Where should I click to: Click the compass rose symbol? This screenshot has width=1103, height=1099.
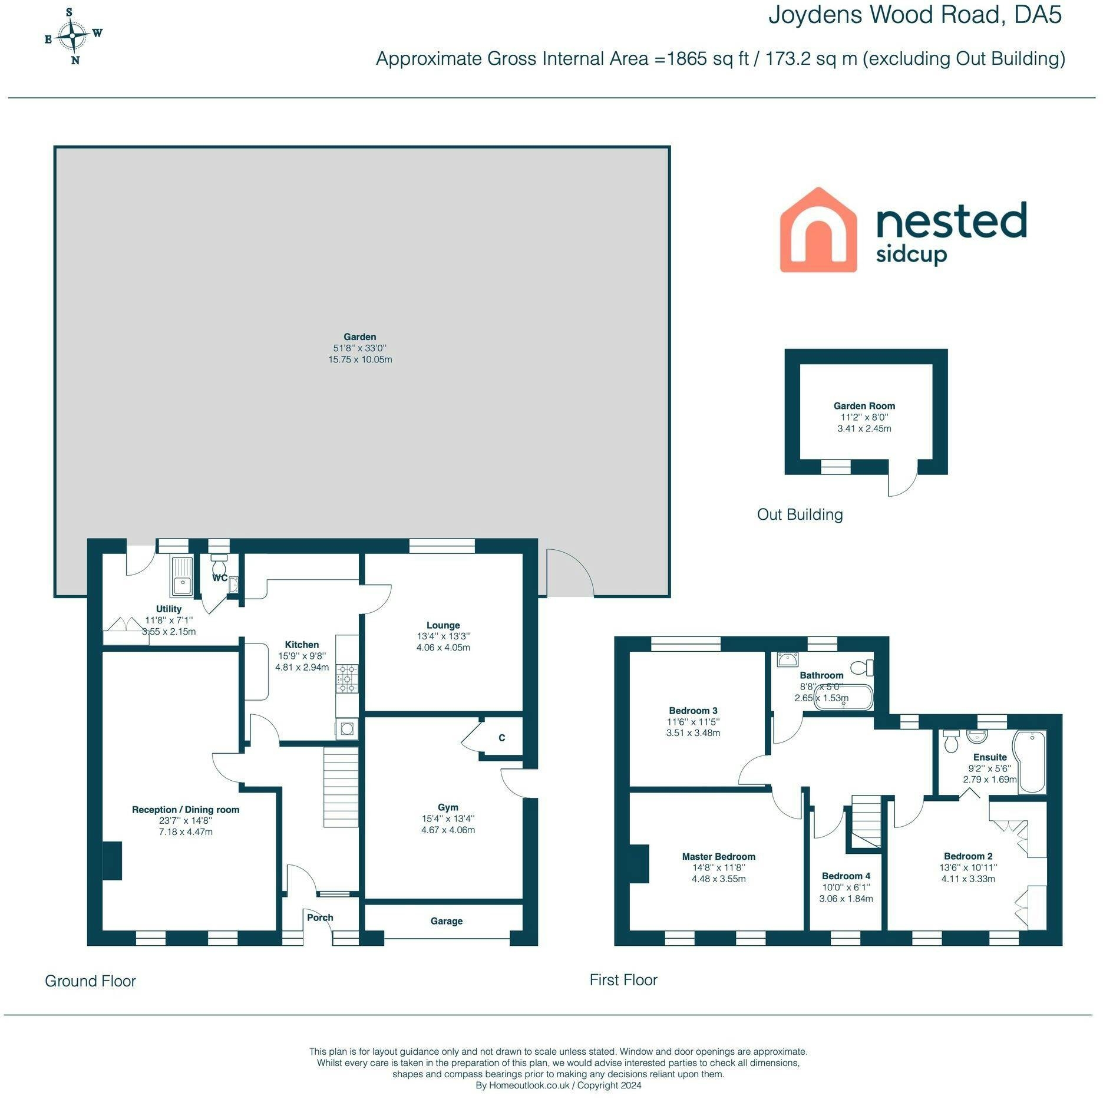73,35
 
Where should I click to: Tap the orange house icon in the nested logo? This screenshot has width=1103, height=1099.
818,230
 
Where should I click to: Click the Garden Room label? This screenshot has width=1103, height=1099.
864,406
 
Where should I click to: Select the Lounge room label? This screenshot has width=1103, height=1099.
443,625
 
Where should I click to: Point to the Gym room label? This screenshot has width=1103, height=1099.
448,807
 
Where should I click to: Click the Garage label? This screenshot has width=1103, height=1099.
446,921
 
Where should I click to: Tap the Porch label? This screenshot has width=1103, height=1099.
320,918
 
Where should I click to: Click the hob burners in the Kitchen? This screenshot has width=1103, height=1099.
346,678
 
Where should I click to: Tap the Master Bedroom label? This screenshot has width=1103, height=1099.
718,857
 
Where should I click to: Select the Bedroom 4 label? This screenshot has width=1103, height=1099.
846,876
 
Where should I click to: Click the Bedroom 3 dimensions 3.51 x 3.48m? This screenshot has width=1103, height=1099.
693,733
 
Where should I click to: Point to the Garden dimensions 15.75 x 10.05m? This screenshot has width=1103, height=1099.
360,359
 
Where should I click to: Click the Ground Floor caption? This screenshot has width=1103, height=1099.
90,981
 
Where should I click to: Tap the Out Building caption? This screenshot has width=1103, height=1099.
800,515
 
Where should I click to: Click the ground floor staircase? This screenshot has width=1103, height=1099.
341,787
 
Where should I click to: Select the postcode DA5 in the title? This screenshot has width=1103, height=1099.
1038,15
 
